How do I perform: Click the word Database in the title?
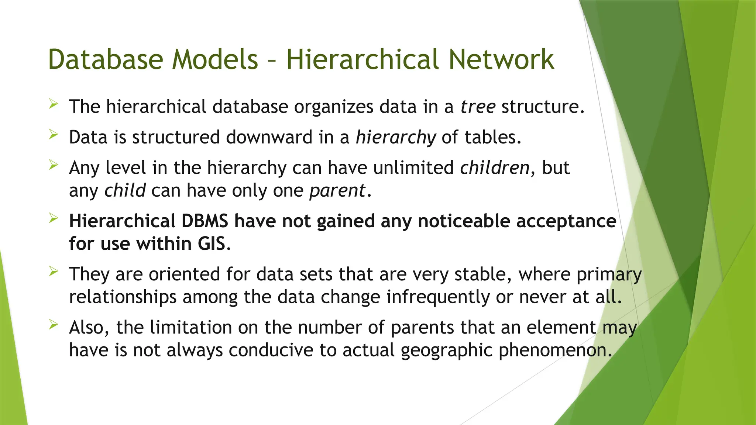point(106,59)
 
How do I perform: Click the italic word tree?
point(478,107)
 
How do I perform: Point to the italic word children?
point(495,168)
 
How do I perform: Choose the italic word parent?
point(337,191)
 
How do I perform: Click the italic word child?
point(125,191)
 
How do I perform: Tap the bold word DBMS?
point(205,221)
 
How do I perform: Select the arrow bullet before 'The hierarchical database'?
point(54,104)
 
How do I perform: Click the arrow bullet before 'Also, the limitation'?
point(54,325)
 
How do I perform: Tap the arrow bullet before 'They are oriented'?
point(54,272)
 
